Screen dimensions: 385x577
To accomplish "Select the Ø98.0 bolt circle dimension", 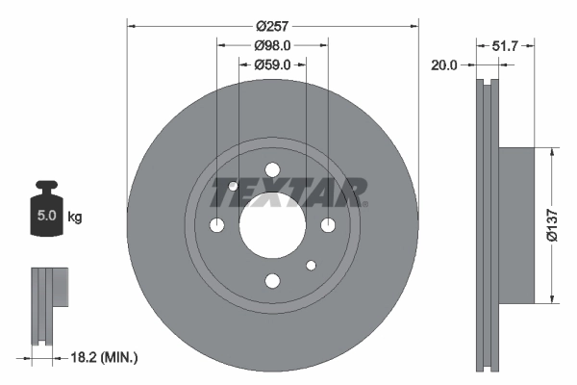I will [x=272, y=44].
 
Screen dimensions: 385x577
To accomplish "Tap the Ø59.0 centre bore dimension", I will [x=272, y=64].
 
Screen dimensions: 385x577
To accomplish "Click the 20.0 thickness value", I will [x=444, y=64].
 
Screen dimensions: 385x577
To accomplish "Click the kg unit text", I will [x=75, y=218].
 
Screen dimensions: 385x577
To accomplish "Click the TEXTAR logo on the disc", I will [x=288, y=192].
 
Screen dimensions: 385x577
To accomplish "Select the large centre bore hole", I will [x=272, y=225].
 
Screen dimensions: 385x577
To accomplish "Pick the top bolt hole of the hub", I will [x=272, y=170].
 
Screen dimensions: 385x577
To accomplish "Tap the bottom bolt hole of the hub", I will [x=272, y=281].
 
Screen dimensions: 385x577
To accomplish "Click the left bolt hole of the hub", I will [x=216, y=225].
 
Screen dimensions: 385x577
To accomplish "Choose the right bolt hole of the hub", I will [x=328, y=225].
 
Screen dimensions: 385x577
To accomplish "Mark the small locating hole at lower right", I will [x=311, y=265].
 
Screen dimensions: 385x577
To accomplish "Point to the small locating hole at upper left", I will [x=234, y=186].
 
